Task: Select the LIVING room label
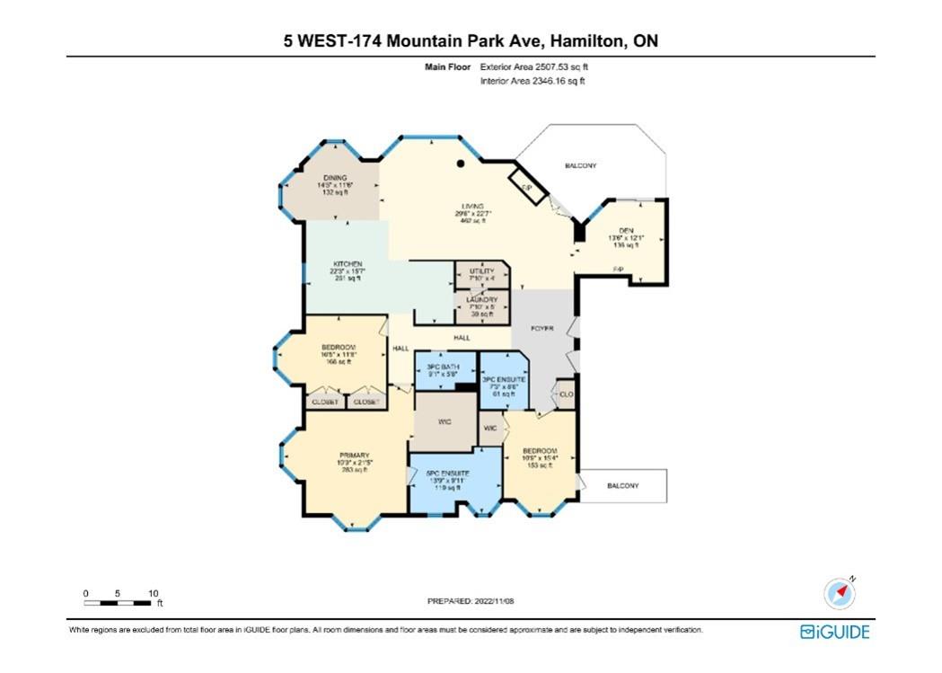[473, 207]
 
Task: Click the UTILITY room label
[481, 270]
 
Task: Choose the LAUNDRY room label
[481, 300]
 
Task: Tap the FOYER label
[541, 329]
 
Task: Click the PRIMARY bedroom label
[355, 455]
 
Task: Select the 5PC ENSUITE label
[453, 474]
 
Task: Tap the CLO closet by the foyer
[566, 394]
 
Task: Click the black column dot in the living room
[461, 164]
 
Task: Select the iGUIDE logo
[834, 633]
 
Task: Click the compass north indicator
[840, 594]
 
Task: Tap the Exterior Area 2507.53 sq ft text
[534, 66]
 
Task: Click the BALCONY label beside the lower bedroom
[622, 486]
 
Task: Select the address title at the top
[471, 40]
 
